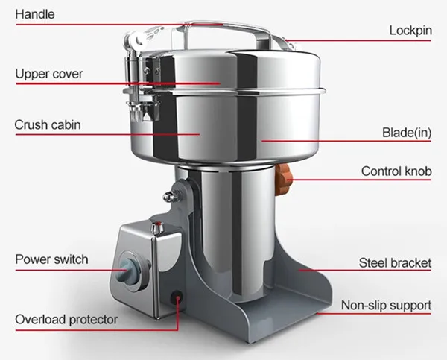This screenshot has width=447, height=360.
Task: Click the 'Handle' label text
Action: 34,14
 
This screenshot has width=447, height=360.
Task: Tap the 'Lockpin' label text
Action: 410,31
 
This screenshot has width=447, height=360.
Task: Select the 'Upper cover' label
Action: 49,74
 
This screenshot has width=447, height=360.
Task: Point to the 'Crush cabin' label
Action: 48,124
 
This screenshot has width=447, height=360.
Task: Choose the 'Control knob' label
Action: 396,171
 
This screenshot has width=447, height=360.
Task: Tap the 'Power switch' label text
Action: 51,259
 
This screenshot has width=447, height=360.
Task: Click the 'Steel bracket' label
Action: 395,263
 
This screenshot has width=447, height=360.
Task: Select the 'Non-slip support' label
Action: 386,306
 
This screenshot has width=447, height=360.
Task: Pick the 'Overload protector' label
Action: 66,320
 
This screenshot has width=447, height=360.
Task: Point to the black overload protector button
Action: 178,297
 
